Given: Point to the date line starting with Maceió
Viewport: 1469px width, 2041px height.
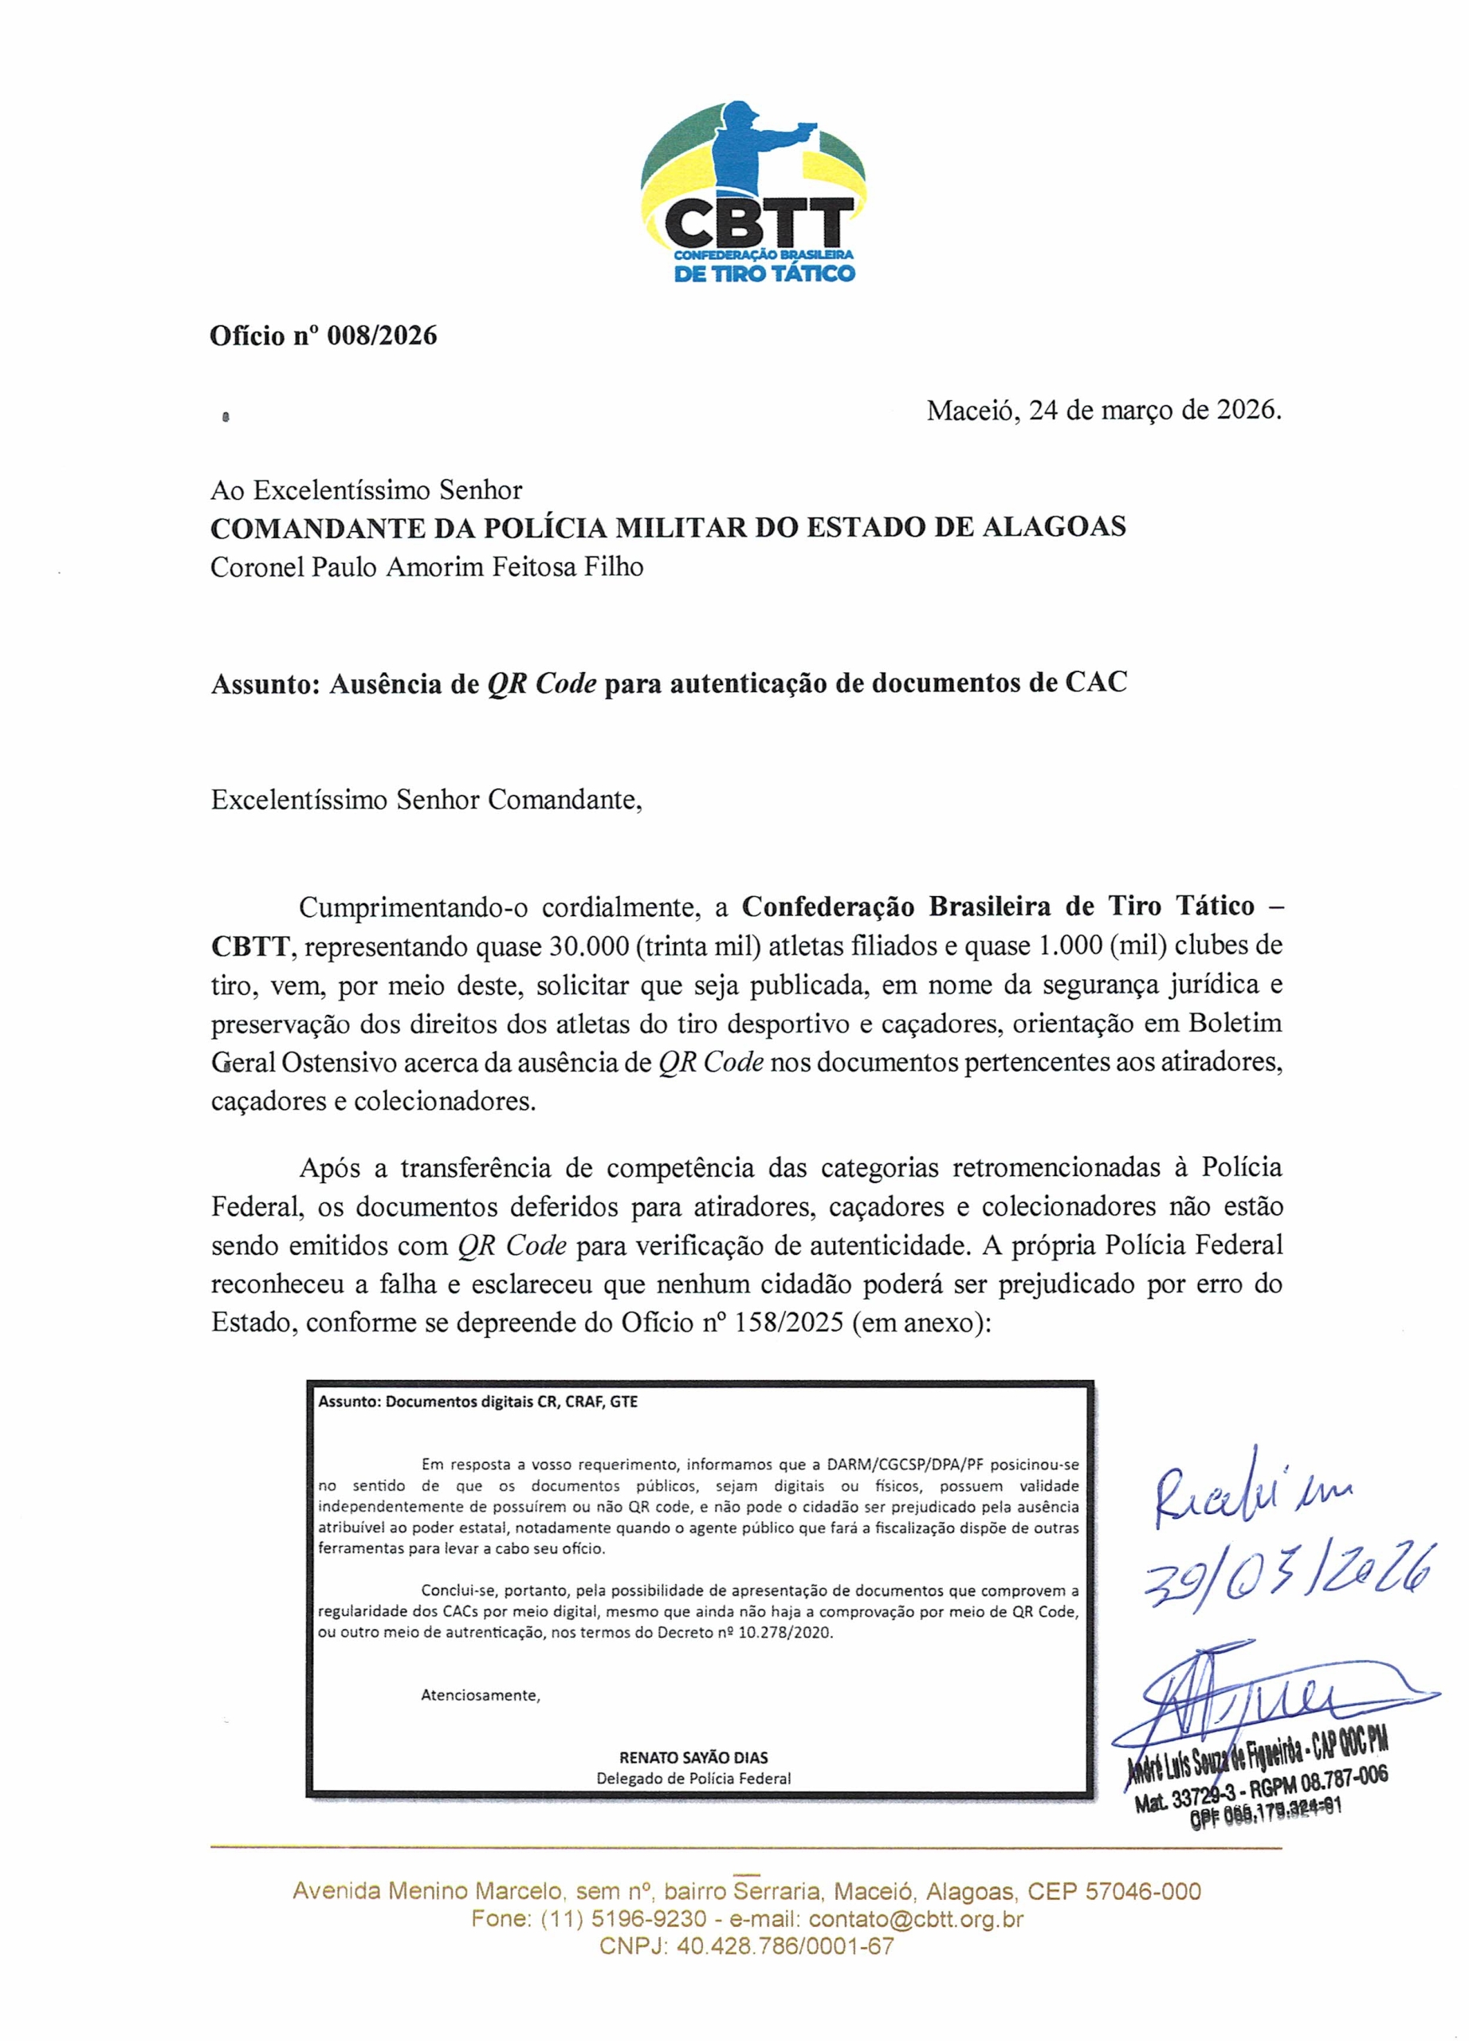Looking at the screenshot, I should tap(1103, 411).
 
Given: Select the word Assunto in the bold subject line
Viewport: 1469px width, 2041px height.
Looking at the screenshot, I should tap(265, 684).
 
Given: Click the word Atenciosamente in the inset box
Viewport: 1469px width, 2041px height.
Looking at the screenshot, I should tap(481, 1696).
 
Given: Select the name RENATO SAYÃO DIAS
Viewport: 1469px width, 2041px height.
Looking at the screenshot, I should tap(693, 1757).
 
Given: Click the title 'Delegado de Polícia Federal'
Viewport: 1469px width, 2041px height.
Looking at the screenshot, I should tap(693, 1779).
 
